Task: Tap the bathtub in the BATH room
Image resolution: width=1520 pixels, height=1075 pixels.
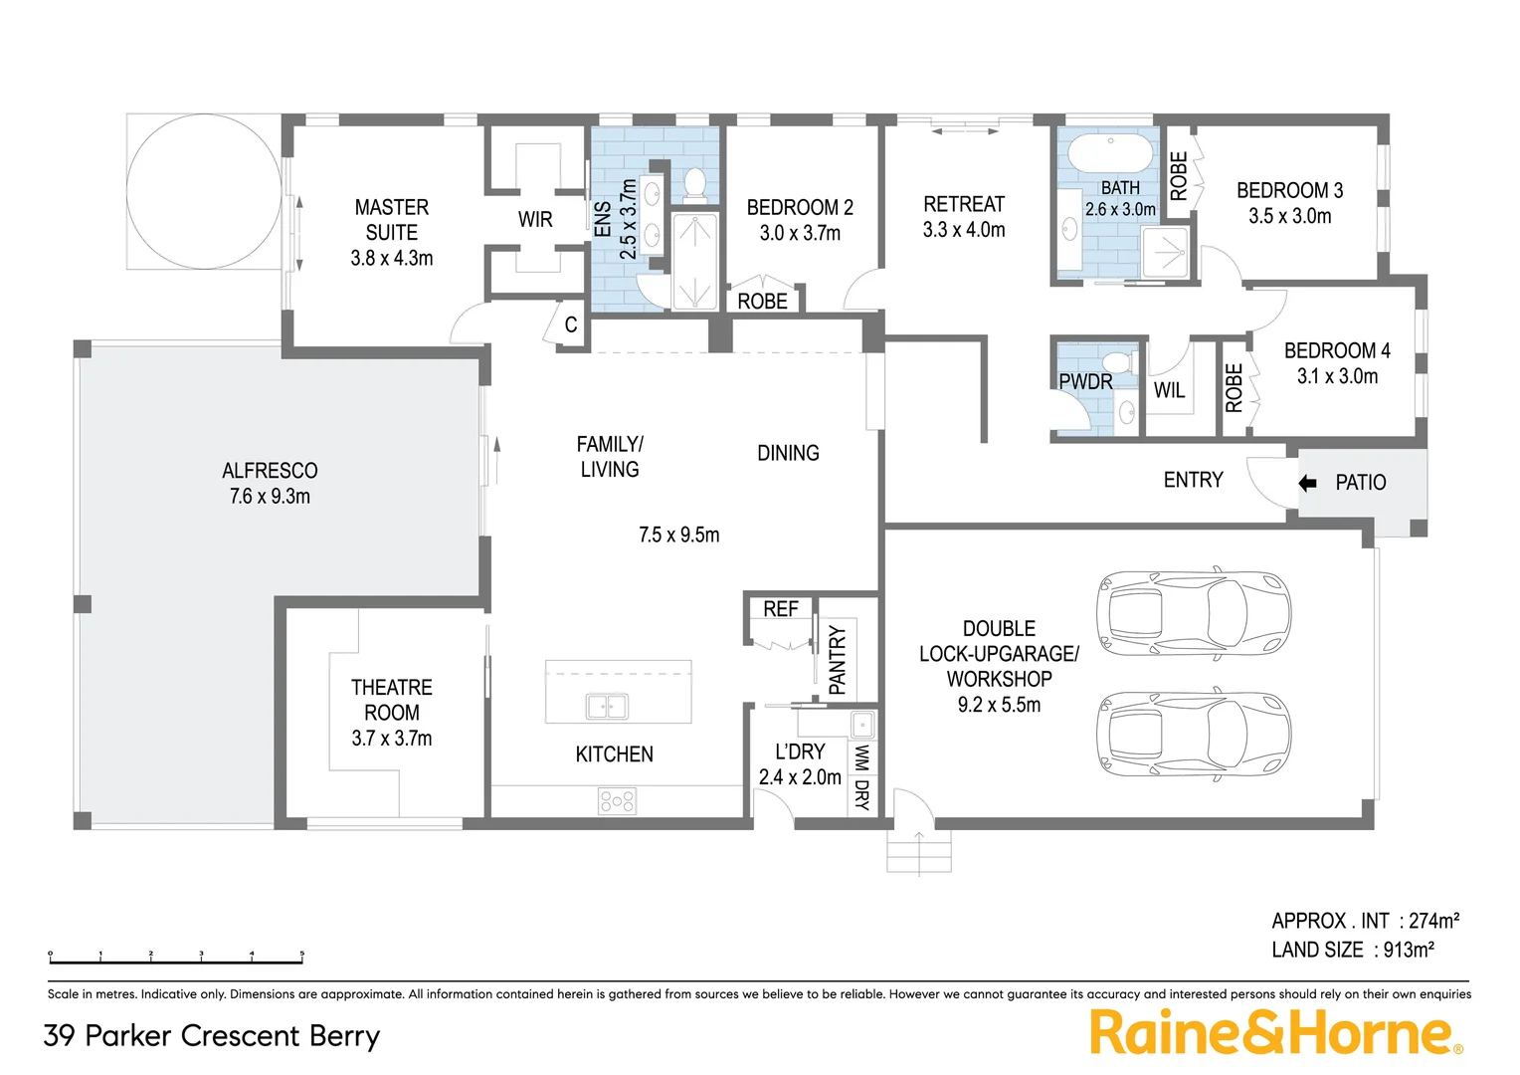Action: pyautogui.click(x=1110, y=154)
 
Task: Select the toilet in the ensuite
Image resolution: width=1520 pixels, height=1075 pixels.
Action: pyautogui.click(x=695, y=183)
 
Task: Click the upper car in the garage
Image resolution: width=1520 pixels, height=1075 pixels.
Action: pyautogui.click(x=1192, y=615)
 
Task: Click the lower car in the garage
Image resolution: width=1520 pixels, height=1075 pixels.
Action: pyautogui.click(x=1192, y=735)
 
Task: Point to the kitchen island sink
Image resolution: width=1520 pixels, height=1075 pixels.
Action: pyautogui.click(x=607, y=706)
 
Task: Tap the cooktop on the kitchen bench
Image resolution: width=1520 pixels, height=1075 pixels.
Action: pyautogui.click(x=617, y=800)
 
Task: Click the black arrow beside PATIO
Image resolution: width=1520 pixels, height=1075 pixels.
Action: pyautogui.click(x=1307, y=483)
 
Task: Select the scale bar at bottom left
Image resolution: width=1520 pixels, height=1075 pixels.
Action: pyautogui.click(x=176, y=959)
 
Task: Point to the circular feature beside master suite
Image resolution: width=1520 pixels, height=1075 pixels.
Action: pyautogui.click(x=204, y=191)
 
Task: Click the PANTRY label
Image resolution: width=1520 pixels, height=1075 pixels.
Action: pyautogui.click(x=838, y=660)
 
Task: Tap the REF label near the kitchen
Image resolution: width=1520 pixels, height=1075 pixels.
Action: pyautogui.click(x=780, y=609)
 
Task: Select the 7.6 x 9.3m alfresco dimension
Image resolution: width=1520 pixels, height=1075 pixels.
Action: pyautogui.click(x=270, y=496)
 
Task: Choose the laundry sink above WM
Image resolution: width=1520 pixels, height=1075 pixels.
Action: pyautogui.click(x=861, y=724)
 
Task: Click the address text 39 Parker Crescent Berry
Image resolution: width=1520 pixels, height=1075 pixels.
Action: pyautogui.click(x=212, y=1036)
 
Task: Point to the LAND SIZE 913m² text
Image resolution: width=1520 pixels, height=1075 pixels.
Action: pyautogui.click(x=1352, y=950)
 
